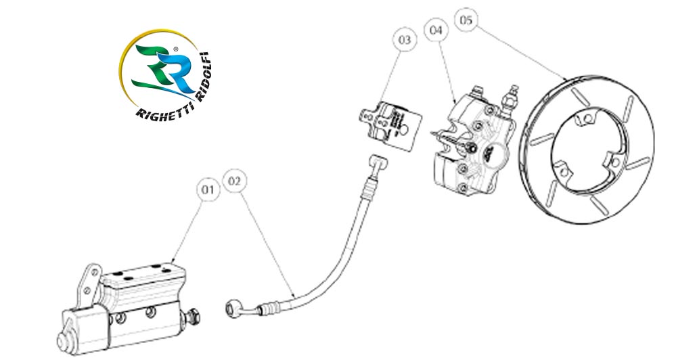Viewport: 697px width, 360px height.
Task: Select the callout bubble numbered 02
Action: [x=235, y=181]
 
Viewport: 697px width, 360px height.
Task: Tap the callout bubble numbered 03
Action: [x=404, y=41]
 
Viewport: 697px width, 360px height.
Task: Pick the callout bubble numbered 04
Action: [x=435, y=30]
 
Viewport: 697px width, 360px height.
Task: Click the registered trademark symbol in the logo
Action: [x=176, y=49]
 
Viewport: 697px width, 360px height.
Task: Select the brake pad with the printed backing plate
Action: [x=392, y=123]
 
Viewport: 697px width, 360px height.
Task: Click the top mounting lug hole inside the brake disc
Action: [x=587, y=120]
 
